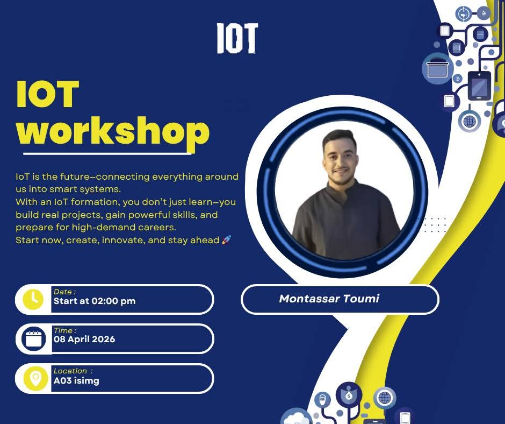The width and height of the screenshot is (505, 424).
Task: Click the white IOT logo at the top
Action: pos(237,38)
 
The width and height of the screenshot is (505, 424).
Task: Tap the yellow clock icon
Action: pos(33,300)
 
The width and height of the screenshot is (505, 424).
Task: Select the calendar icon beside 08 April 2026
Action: pos(33,339)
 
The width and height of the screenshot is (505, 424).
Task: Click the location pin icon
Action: pos(35,378)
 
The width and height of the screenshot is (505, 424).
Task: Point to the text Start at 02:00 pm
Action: pos(95,301)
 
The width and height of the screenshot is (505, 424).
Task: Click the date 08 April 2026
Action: pos(84,339)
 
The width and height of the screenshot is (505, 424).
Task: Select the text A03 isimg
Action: pos(76,380)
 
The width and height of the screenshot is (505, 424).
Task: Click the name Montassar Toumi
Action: pos(329,299)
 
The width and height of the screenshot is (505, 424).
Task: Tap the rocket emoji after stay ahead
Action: pos(226,240)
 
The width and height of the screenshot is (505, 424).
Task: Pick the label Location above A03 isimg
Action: pos(70,371)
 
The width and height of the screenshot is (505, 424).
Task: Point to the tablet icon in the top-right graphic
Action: pos(479,86)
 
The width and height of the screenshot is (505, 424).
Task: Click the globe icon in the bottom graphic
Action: pos(385,398)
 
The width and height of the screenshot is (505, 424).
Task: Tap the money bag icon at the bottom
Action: pos(349,394)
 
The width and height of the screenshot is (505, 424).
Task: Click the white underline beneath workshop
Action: pos(107,153)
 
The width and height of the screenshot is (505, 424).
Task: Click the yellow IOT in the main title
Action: pos(48,94)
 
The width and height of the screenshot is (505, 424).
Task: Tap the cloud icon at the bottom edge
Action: pos(297,417)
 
